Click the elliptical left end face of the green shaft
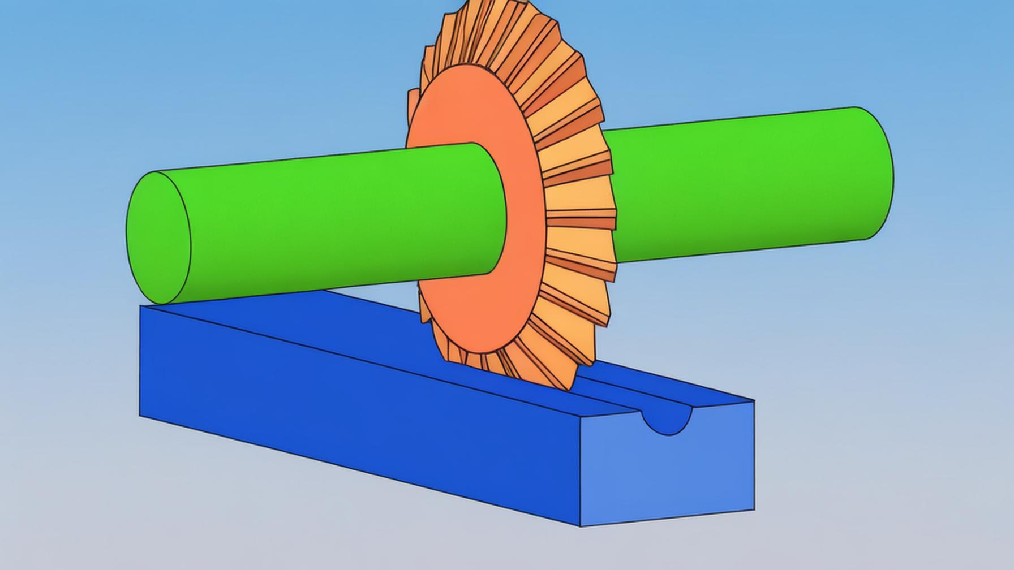pos(158,237)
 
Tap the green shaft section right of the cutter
pos(736,187)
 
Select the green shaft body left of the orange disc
pos(340,221)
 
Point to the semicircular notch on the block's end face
pos(668,422)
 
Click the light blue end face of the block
pos(668,475)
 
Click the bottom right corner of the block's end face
pos(754,511)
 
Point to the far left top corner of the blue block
pos(141,306)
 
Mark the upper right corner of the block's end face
pos(754,400)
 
